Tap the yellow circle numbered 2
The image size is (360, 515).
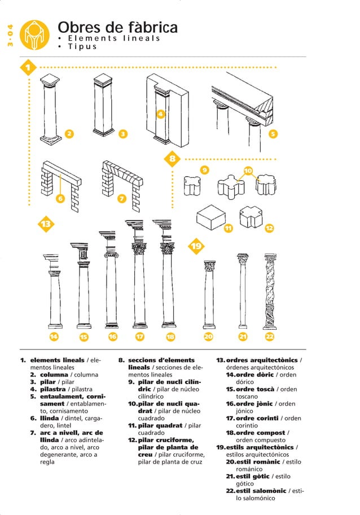point(69,133)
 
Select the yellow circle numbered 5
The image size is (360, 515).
point(273,134)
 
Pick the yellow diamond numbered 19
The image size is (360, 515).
point(196,246)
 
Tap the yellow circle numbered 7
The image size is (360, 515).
point(121,199)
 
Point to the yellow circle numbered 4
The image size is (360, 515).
point(160,114)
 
